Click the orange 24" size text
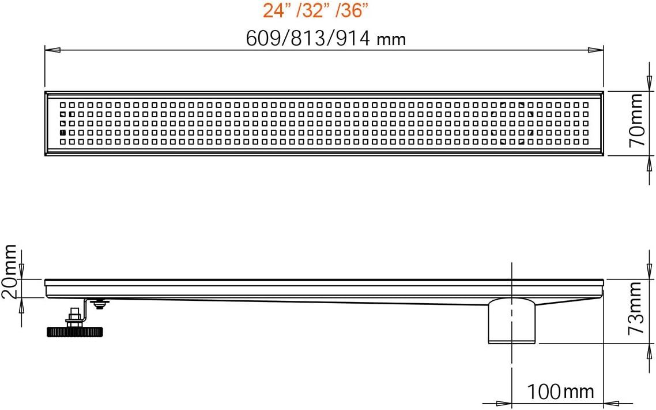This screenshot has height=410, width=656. pos(277,10)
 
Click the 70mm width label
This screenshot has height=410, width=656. pos(637,120)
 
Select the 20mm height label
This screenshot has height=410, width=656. pos(9,271)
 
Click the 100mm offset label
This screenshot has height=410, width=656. pos(560,392)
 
